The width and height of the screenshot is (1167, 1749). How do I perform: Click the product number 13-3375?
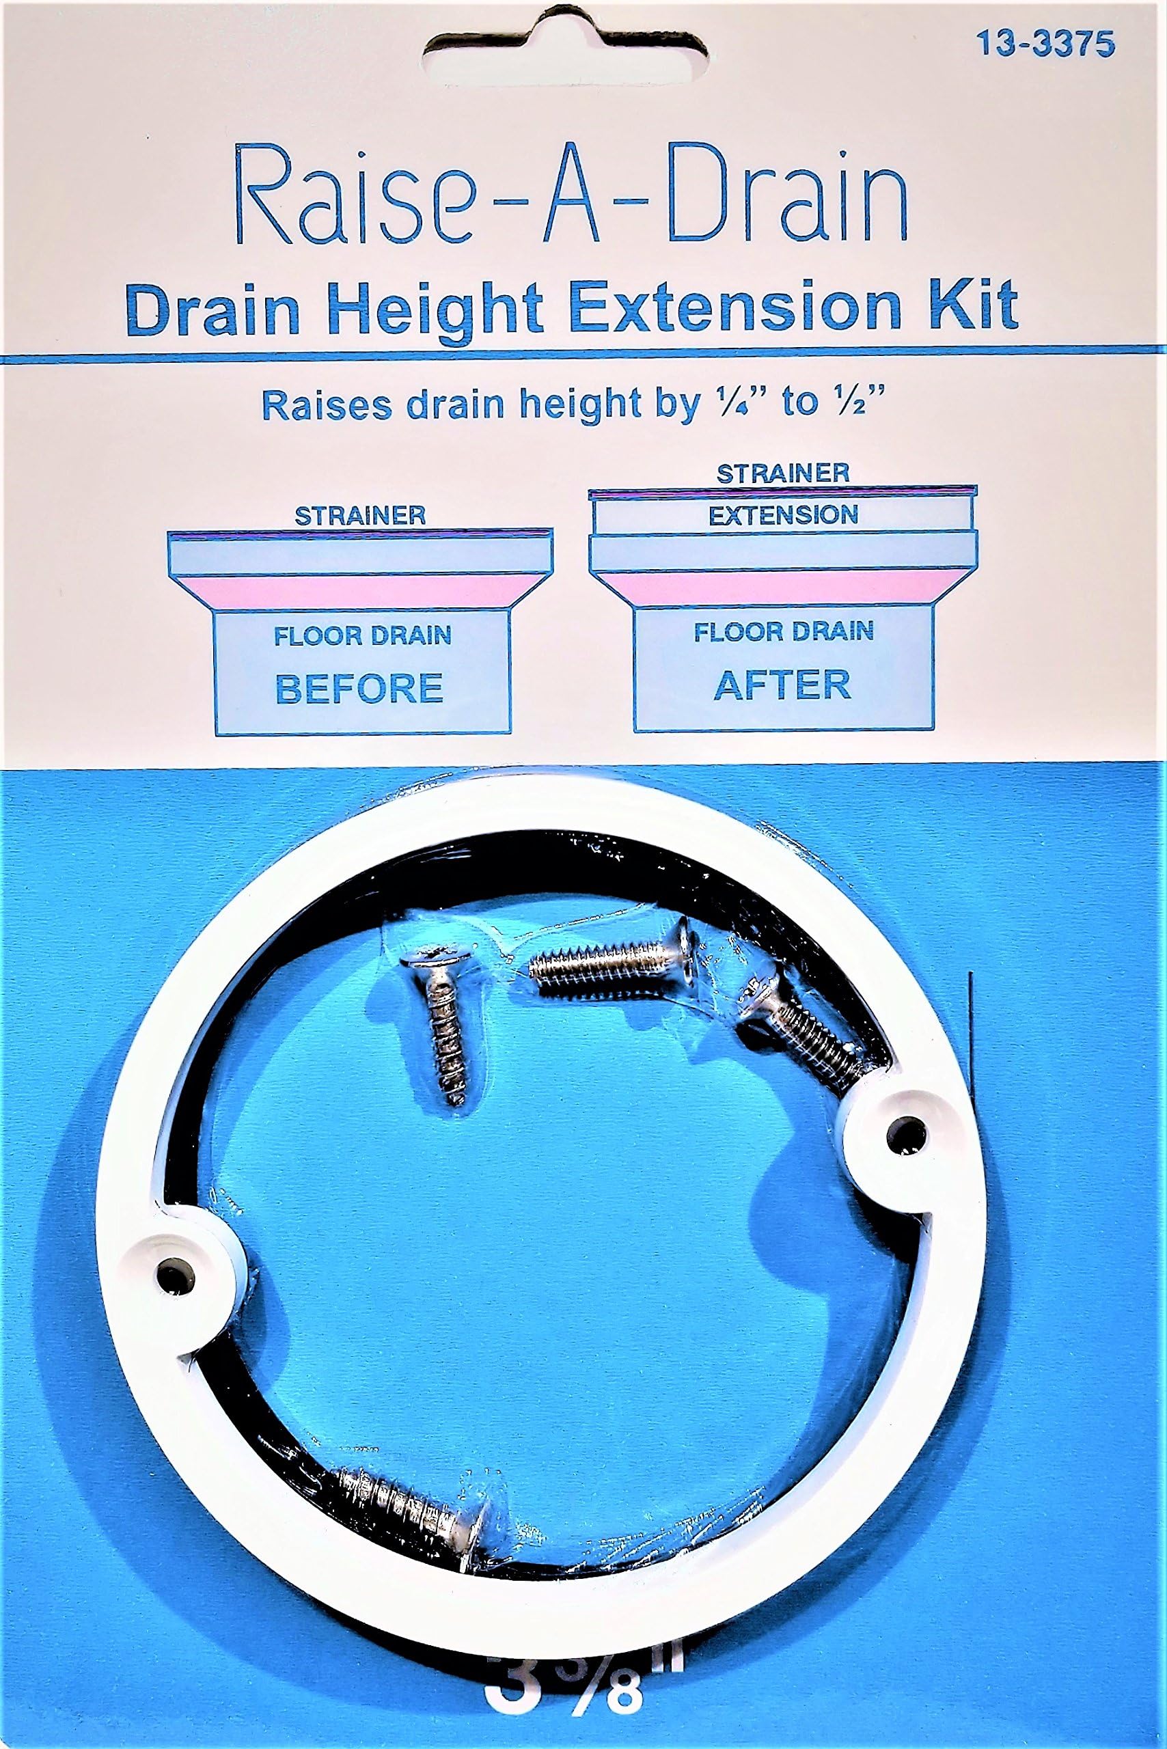[x=1045, y=45]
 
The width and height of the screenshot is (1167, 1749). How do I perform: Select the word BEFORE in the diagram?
[x=359, y=689]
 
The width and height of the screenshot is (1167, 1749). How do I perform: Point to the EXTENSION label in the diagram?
[x=783, y=515]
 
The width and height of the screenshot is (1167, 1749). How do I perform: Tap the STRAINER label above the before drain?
[x=360, y=516]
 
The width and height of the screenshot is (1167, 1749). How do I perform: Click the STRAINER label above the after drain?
[x=783, y=473]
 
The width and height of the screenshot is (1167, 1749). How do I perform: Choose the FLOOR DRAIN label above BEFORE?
[x=362, y=636]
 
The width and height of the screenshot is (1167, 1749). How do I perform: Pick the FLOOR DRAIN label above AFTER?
[x=784, y=632]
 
